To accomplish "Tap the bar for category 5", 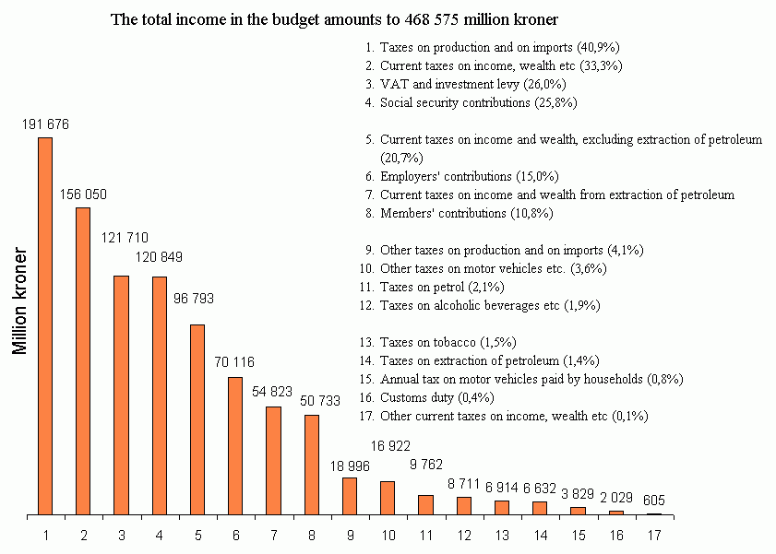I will click(197, 419).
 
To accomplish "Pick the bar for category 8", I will click(312, 465).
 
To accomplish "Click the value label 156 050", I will click(83, 194).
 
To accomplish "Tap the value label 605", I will click(654, 501).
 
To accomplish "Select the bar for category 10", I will click(388, 498).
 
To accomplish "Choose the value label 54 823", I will click(273, 392).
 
